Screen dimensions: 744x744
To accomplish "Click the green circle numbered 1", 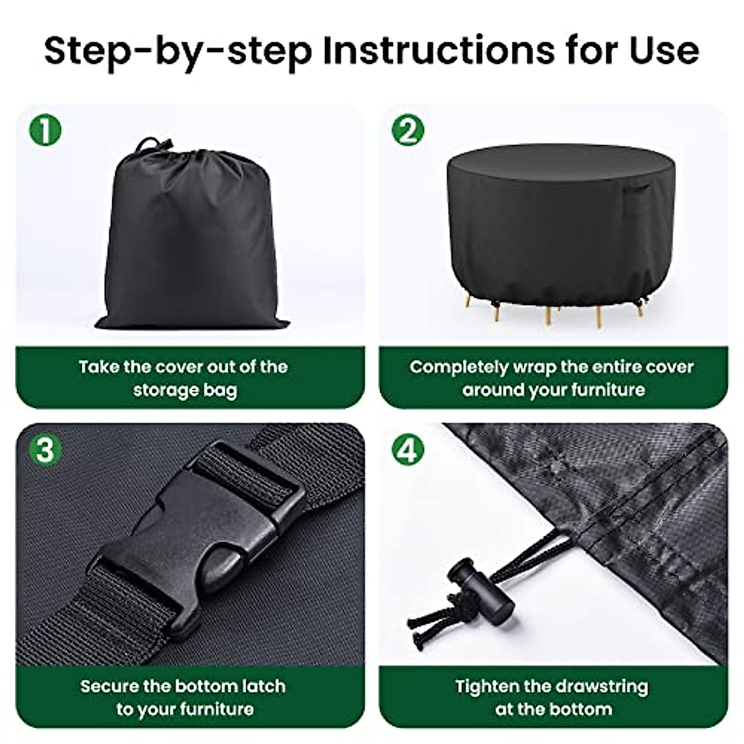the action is (45, 130).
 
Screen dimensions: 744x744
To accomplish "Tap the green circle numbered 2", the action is (408, 130).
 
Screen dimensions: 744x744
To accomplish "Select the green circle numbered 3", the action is (45, 449).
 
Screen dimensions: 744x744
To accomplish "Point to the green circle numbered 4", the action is (408, 449).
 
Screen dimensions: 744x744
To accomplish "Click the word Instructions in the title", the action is (438, 51).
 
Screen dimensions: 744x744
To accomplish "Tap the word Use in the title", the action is (663, 51).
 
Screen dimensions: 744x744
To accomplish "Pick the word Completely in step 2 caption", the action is (458, 367).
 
